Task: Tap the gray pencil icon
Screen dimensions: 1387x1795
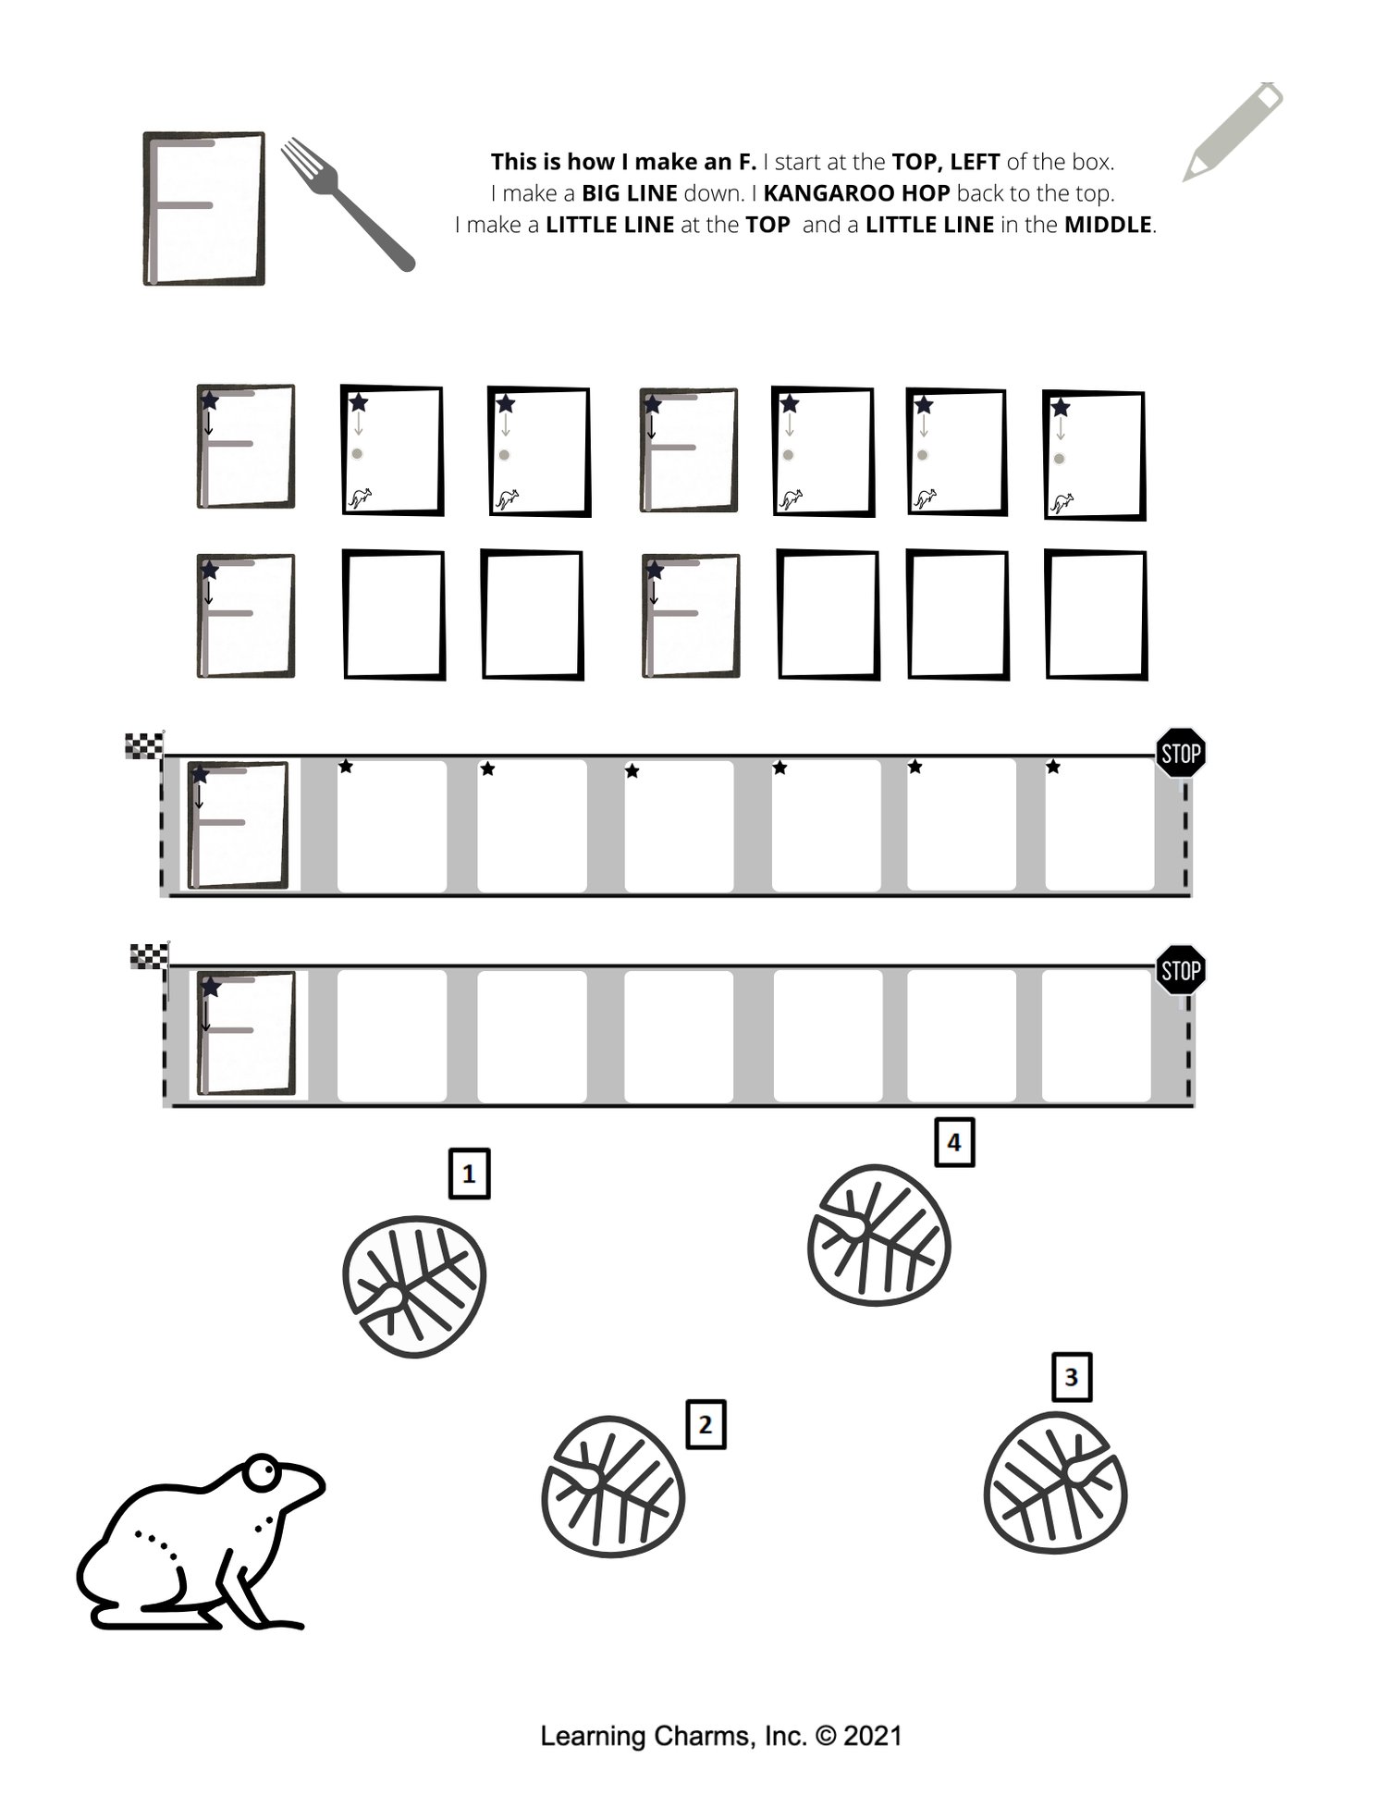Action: coord(1234,131)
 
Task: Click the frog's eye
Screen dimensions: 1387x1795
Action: coord(263,1470)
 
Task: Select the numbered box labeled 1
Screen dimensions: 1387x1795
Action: coord(469,1174)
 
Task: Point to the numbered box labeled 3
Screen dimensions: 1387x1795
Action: coord(1072,1377)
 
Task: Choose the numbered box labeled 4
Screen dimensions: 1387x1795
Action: coord(954,1142)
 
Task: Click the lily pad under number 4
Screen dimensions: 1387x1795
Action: coord(879,1235)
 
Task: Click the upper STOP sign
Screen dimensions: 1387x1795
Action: coord(1181,753)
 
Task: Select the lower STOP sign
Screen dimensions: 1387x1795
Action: coord(1182,970)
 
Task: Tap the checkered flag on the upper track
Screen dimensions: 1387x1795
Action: coord(145,745)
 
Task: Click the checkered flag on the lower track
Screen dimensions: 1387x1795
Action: coord(150,956)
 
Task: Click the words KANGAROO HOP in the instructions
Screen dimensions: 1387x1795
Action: coord(856,193)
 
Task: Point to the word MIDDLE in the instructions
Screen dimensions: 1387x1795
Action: coord(1109,225)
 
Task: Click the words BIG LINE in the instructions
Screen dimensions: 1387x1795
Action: coord(630,193)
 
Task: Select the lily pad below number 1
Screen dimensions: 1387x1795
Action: coord(414,1286)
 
